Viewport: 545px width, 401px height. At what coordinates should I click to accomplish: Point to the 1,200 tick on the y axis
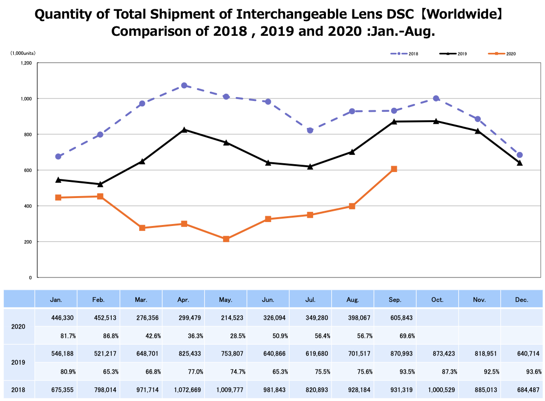coord(26,63)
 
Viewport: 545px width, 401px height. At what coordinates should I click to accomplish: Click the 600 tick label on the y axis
coord(28,170)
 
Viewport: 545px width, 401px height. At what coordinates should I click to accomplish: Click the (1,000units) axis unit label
coord(23,53)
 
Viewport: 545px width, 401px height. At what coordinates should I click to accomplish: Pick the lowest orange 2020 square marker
coord(226,239)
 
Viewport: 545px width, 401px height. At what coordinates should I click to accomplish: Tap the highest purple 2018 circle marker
coord(184,85)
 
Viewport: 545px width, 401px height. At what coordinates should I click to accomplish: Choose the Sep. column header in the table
coord(395,300)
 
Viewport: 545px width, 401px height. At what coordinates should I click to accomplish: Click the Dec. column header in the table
coord(521,300)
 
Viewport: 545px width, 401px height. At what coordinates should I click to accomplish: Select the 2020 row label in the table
coord(19,326)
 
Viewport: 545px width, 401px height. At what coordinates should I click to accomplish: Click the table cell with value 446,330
coord(61,318)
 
